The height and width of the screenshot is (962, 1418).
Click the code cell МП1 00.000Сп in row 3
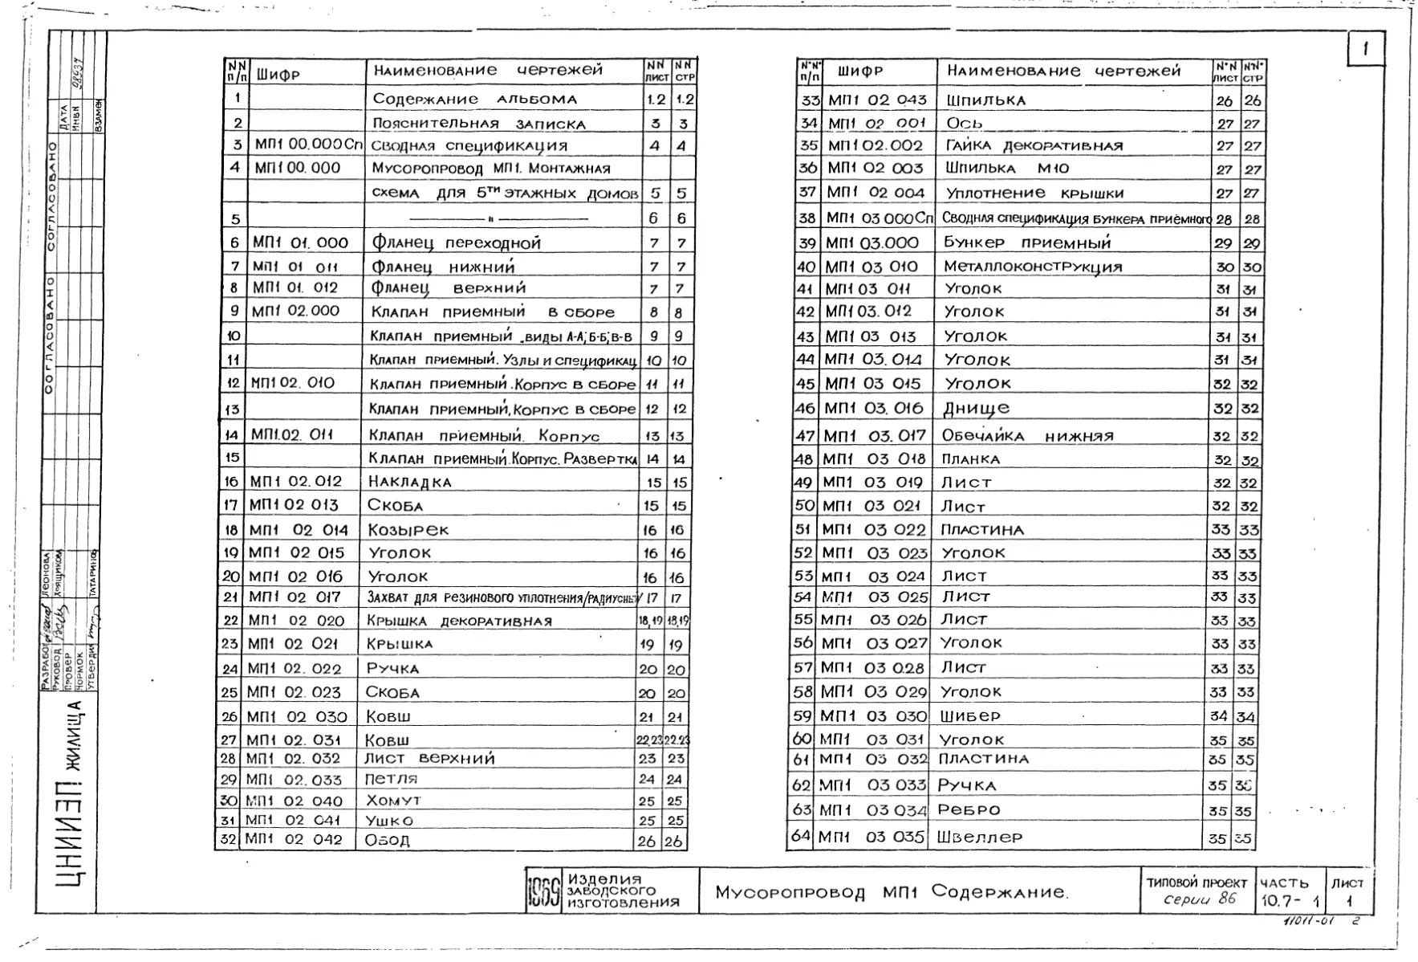tap(308, 145)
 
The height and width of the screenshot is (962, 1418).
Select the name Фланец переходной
tap(456, 243)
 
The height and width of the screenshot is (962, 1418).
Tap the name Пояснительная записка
tap(478, 124)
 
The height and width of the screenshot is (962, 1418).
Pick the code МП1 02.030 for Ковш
tap(297, 716)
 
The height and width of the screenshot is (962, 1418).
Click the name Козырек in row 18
tap(408, 529)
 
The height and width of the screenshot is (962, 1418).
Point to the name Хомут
tap(393, 801)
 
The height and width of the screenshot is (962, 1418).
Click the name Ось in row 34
tap(965, 123)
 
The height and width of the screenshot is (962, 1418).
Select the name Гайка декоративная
tap(1034, 145)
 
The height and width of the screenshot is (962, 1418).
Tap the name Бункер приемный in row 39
tap(1027, 243)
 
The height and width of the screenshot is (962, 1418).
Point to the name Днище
tap(976, 408)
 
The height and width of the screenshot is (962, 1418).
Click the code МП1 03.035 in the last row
tap(872, 836)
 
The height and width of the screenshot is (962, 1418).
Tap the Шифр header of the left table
tap(278, 75)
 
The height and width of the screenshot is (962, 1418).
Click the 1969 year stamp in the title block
tap(543, 891)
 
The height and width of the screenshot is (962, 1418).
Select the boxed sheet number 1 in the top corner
tap(1365, 48)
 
